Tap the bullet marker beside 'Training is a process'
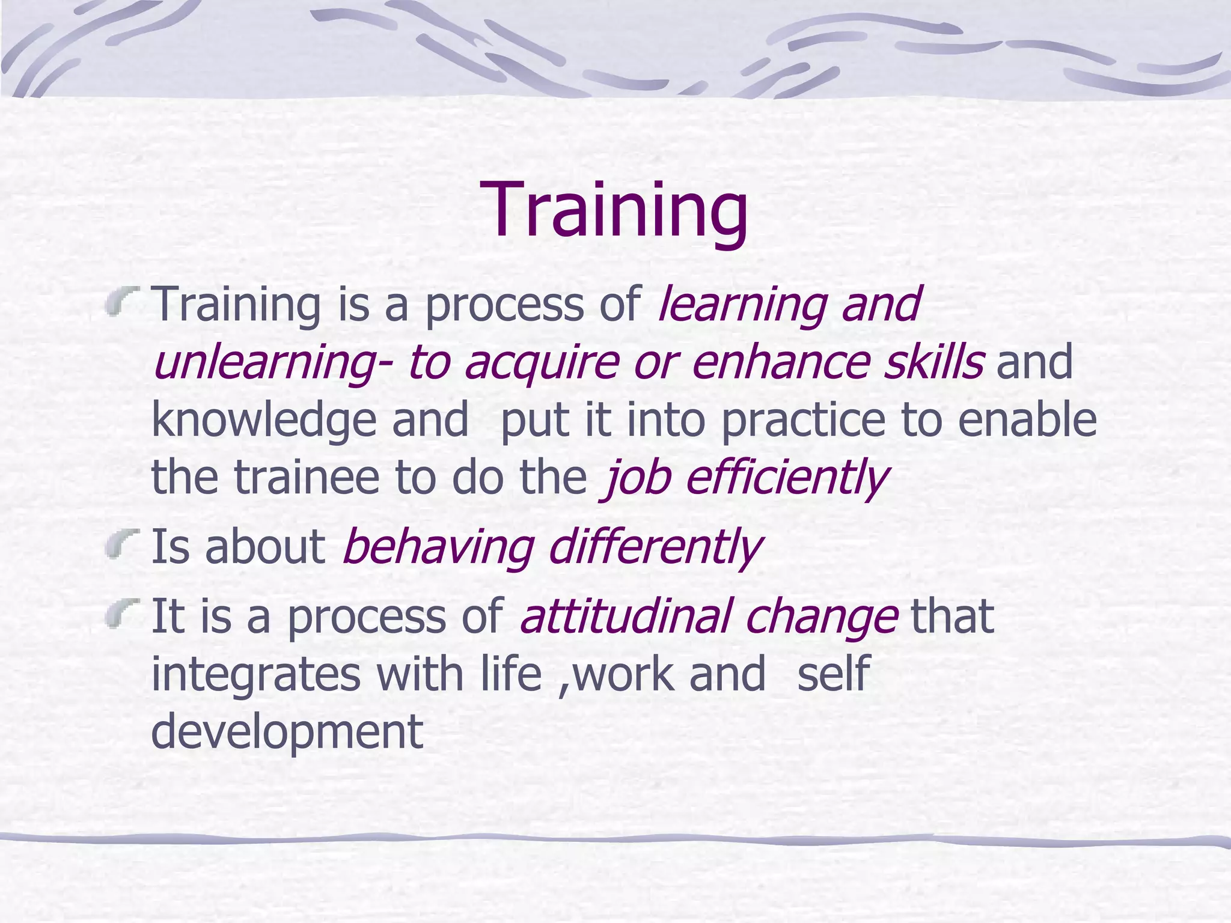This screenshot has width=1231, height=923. pyautogui.click(x=123, y=300)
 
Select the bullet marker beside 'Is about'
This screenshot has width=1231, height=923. pyautogui.click(x=123, y=544)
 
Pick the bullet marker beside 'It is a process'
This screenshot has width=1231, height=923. pyautogui.click(x=123, y=613)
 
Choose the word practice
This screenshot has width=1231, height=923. pyautogui.click(x=803, y=421)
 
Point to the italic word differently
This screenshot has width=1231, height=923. pyautogui.click(x=655, y=548)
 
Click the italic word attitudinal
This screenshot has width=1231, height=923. pyautogui.click(x=625, y=617)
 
